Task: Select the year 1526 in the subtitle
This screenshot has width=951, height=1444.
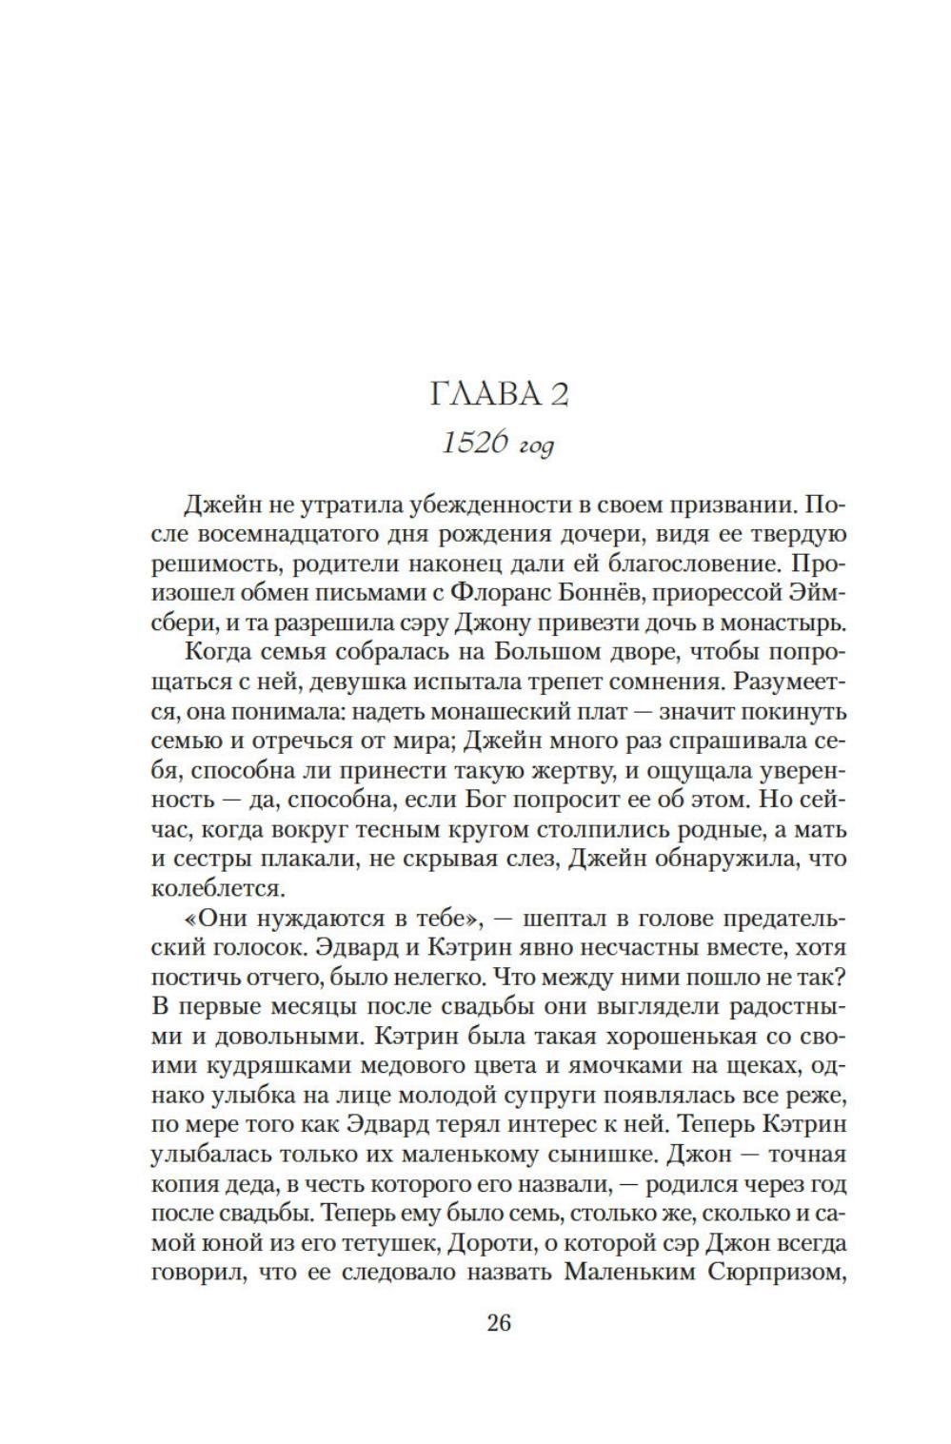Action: (472, 444)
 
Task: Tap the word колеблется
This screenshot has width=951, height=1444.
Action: (204, 889)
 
